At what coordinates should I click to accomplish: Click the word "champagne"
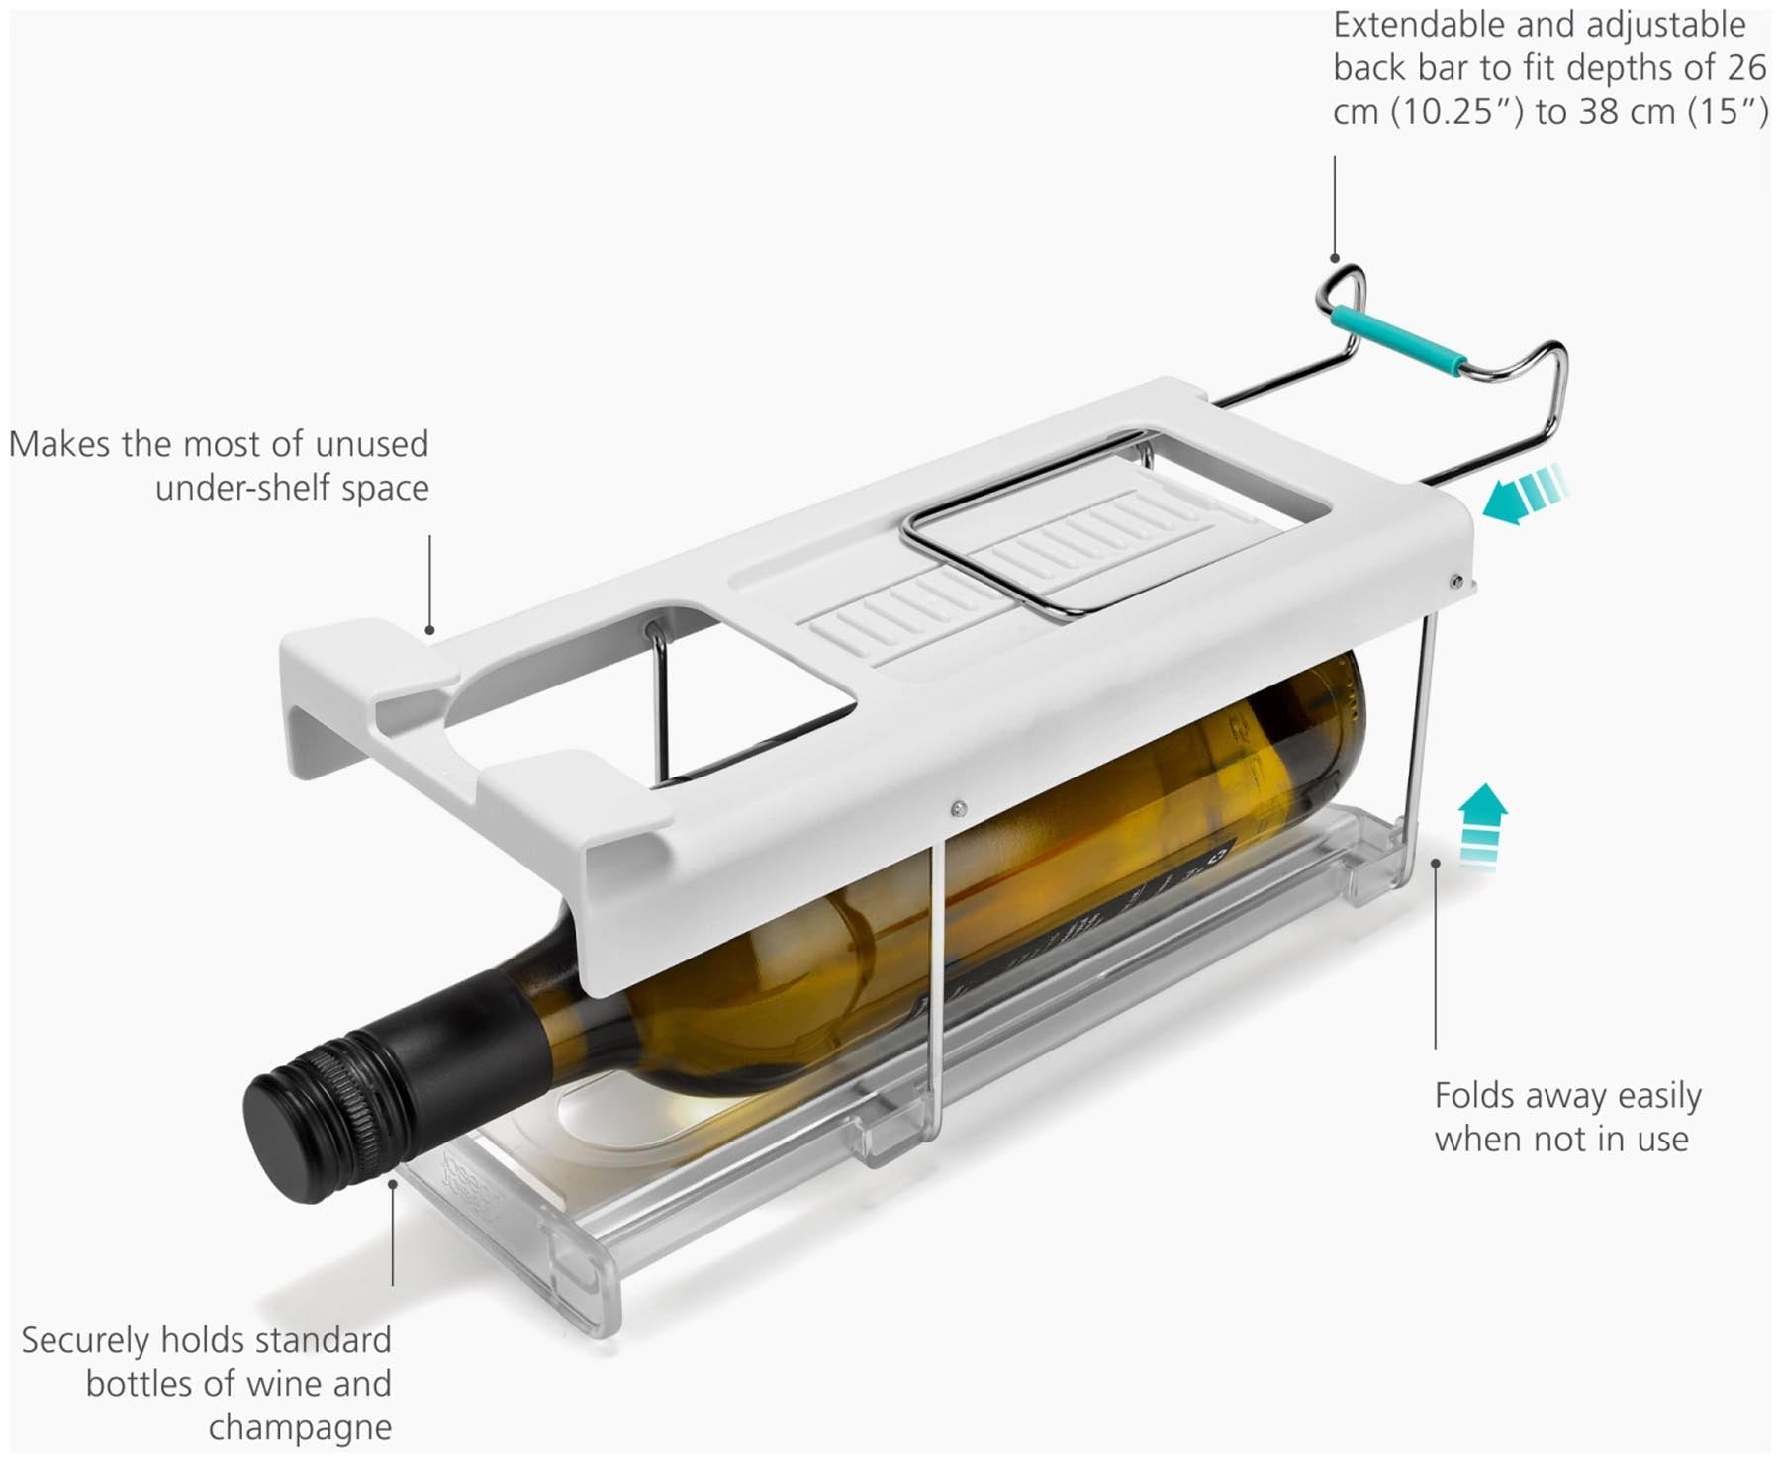click(300, 1427)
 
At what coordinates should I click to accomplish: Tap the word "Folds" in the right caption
click(1476, 1095)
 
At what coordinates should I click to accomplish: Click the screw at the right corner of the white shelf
click(1455, 582)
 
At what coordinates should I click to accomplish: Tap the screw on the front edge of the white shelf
click(957, 808)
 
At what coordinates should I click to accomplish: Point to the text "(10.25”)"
click(1458, 112)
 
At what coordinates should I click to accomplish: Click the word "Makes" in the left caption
click(59, 444)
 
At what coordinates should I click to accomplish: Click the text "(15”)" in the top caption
click(1730, 112)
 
